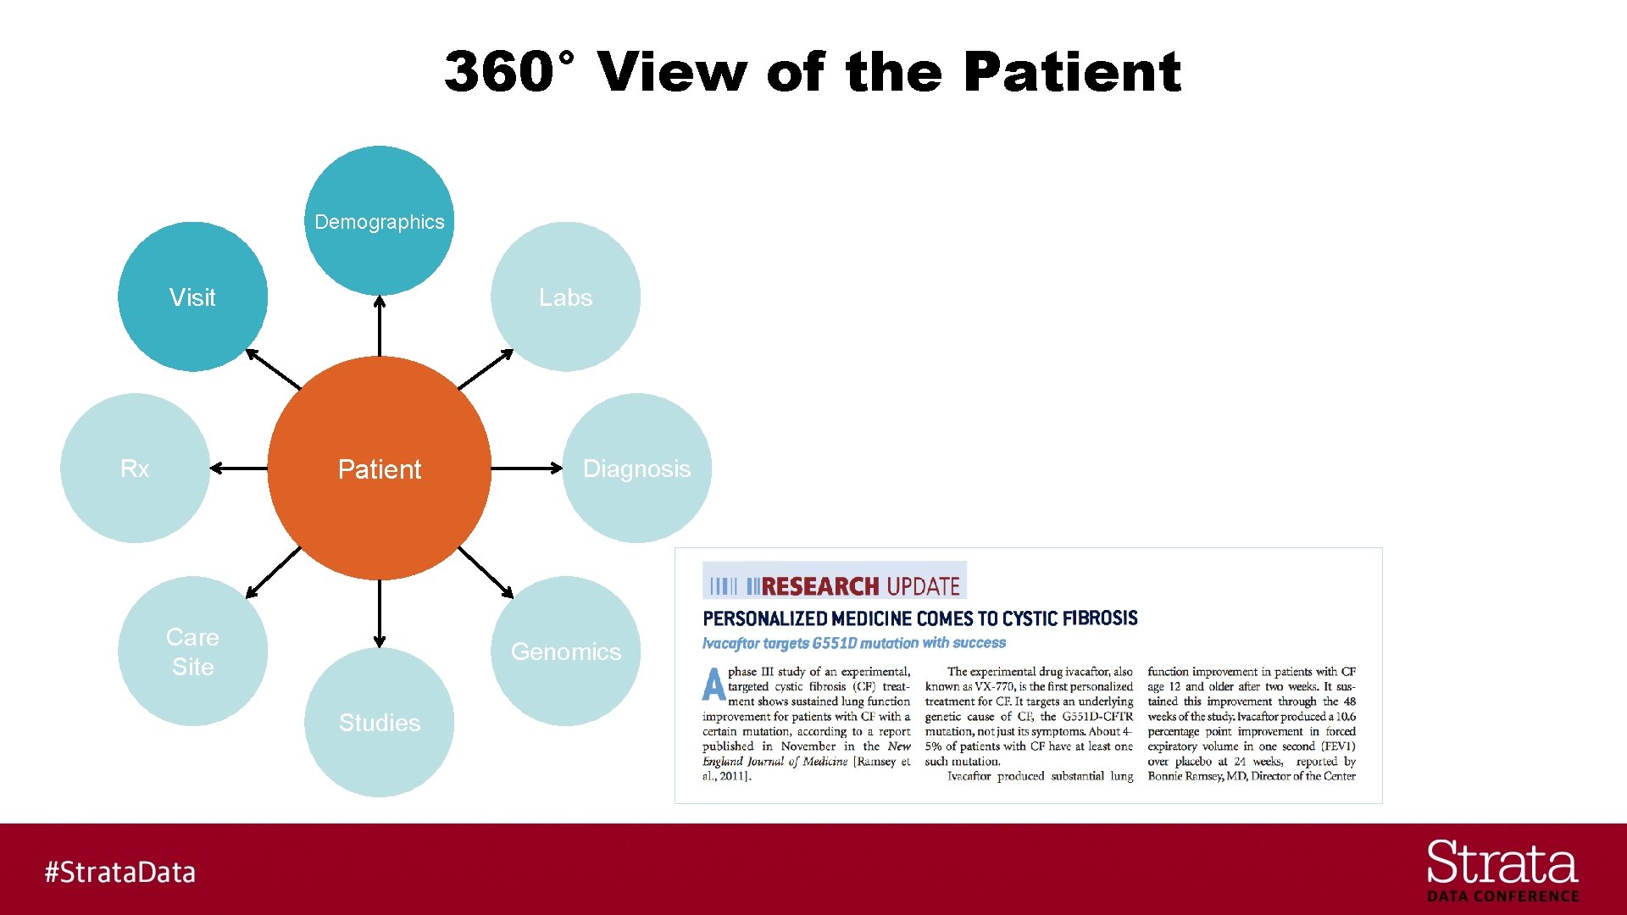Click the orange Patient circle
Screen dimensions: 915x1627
pos(379,468)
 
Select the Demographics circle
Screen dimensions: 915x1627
pos(379,220)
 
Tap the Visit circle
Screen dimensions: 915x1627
pos(192,297)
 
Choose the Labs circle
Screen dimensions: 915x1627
pos(565,297)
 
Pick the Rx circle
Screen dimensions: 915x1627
pos(135,468)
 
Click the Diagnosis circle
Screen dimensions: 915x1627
pos(636,468)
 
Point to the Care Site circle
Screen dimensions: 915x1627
pos(192,651)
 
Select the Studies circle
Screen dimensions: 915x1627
pos(379,722)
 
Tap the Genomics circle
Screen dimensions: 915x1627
pos(565,651)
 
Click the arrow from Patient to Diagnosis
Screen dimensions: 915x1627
pos(526,468)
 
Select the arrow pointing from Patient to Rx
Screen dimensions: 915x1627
pos(239,468)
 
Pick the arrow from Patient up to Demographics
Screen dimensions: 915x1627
pos(379,325)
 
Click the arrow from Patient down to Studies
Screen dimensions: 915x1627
pos(379,613)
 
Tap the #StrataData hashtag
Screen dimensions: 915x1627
pos(119,872)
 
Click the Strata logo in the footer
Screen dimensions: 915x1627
pos(1502,869)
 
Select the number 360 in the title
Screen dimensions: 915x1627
pos(500,71)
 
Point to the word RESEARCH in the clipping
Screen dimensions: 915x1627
pos(820,586)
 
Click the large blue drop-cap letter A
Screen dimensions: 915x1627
pos(714,685)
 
